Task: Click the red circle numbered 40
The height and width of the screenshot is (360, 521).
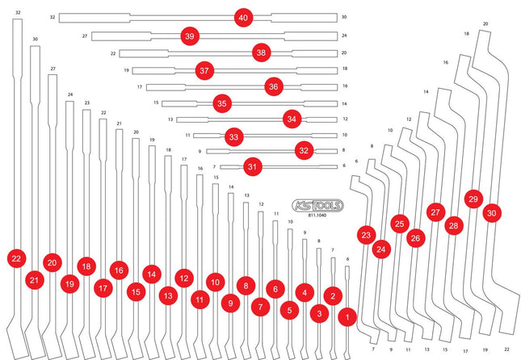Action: coord(243,18)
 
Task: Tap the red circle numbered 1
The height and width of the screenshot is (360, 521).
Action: coord(347,317)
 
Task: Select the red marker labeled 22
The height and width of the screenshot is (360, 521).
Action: coord(16,258)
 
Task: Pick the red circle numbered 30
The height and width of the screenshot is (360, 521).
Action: coord(492,213)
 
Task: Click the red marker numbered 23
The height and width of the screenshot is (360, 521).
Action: coord(366,235)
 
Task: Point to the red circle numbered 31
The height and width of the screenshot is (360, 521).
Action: coord(253,166)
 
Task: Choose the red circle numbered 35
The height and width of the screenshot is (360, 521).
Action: coord(222,103)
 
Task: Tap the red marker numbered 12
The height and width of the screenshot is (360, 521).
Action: coord(184,278)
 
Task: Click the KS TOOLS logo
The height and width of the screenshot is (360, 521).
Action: coord(317,206)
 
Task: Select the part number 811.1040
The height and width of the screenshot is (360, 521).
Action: coord(317,216)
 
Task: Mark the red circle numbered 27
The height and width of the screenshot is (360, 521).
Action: coord(435,211)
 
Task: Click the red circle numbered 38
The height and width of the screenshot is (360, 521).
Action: coord(261,52)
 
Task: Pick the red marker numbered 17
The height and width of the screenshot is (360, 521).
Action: coord(103,288)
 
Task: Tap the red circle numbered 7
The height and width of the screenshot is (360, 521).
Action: coord(260,307)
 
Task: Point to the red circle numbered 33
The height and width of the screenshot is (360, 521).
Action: coord(234,137)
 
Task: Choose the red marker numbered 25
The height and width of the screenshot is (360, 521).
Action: coord(399,224)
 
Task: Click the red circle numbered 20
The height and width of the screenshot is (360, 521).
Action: coord(53,262)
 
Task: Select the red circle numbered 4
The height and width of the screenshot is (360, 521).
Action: coord(305,292)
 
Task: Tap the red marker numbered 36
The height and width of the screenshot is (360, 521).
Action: coord(274,86)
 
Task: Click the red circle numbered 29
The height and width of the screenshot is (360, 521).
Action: coord(473,199)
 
